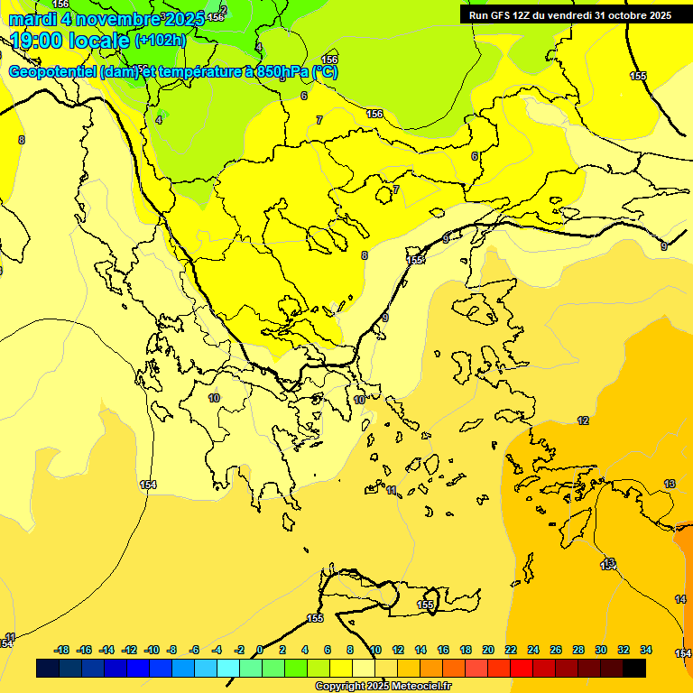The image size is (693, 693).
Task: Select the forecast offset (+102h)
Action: click(x=160, y=41)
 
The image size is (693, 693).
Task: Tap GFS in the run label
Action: click(x=498, y=15)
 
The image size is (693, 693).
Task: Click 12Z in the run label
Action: click(x=522, y=15)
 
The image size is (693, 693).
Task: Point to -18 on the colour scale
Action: click(x=62, y=650)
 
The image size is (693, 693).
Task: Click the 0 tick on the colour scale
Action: click(x=260, y=650)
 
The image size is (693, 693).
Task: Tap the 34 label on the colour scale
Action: click(x=646, y=650)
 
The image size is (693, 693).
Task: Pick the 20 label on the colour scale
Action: click(x=488, y=650)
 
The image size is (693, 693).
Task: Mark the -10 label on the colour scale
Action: click(x=152, y=650)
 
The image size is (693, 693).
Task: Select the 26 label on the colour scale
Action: click(x=556, y=650)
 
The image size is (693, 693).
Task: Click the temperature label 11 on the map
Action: click(x=392, y=490)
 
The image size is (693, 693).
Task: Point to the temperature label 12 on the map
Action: click(x=583, y=420)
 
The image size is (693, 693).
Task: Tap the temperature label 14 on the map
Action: click(x=680, y=599)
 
